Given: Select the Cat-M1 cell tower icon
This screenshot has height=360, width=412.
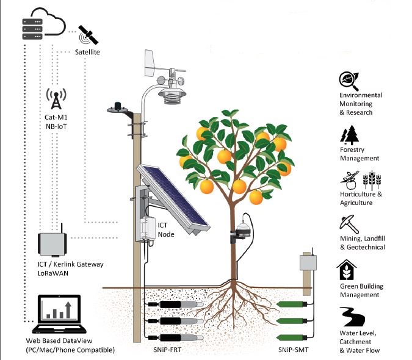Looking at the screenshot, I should pos(56,98).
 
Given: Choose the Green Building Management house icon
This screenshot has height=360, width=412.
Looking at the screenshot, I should pos(347,270).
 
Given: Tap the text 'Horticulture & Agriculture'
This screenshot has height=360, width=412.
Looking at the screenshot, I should pos(361,198).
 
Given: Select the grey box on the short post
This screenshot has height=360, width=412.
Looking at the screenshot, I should pos(306,263).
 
